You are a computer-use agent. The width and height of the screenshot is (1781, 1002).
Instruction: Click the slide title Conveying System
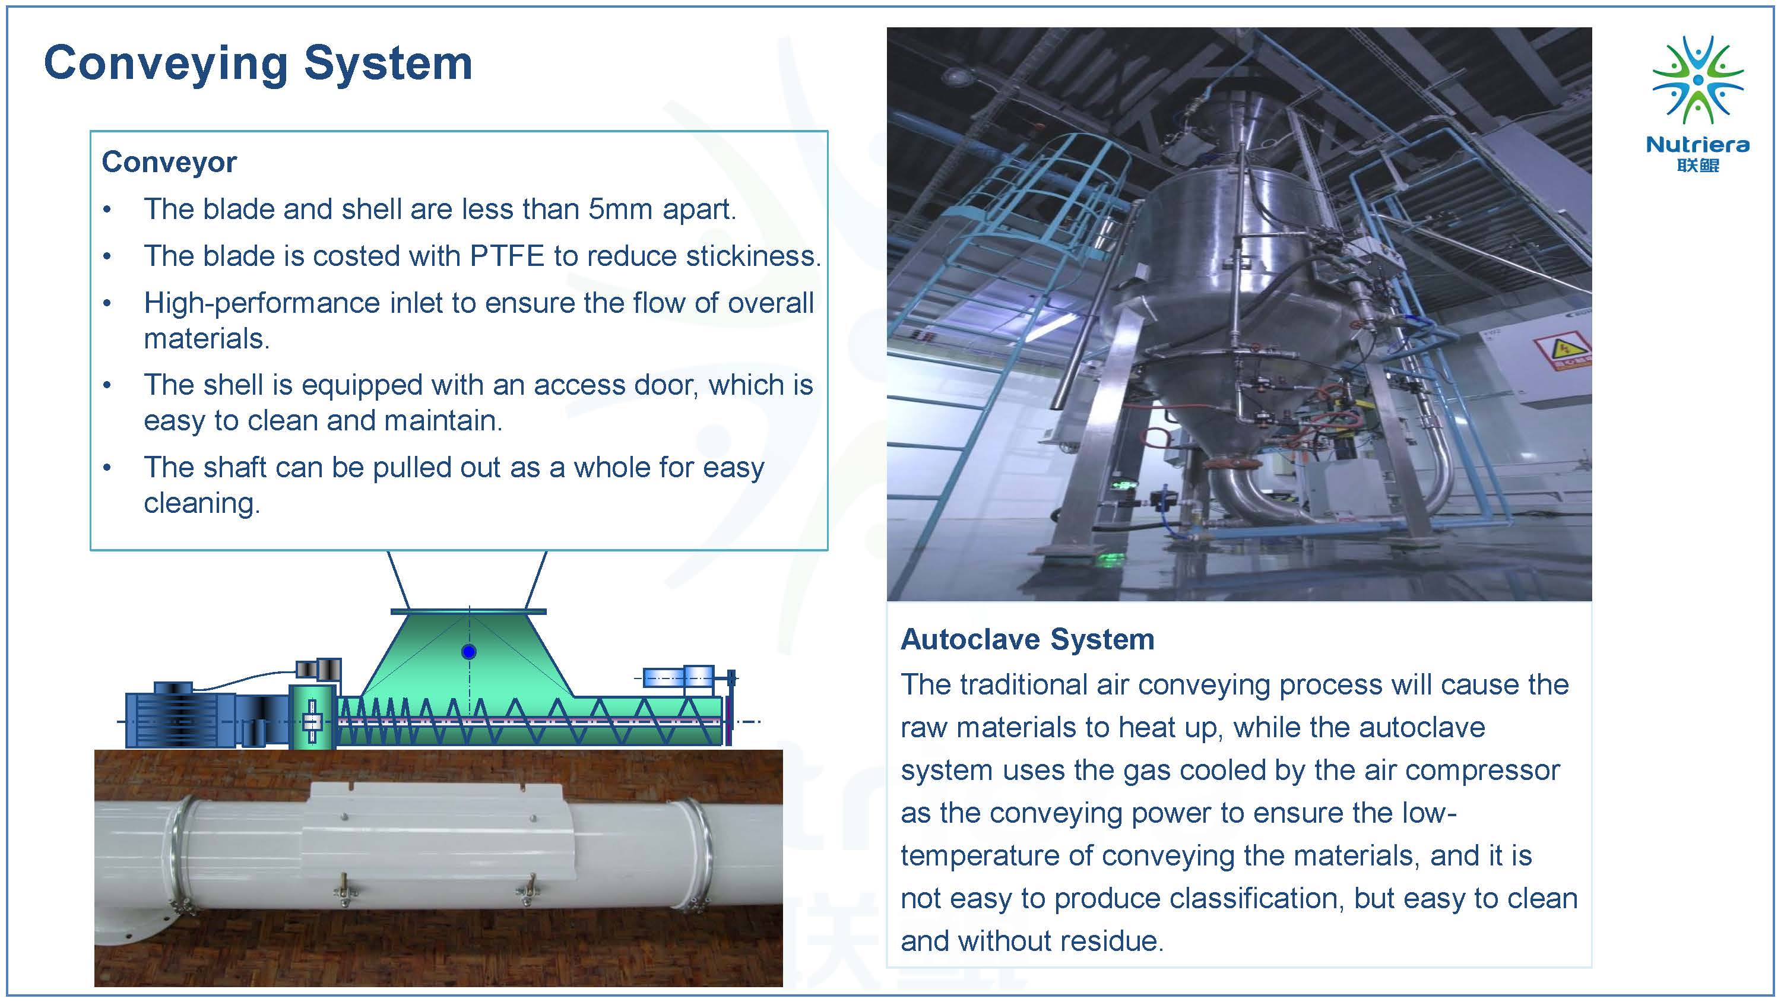click(x=258, y=64)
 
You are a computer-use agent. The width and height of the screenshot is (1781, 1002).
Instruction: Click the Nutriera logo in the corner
click(x=1697, y=103)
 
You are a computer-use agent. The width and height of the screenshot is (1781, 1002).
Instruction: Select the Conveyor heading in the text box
click(x=169, y=163)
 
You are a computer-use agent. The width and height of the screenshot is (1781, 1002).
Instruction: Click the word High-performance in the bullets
click(x=262, y=303)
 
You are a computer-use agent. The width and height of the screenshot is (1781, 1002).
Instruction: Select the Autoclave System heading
click(x=1028, y=640)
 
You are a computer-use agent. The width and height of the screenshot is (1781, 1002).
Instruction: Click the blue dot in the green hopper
click(x=469, y=651)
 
